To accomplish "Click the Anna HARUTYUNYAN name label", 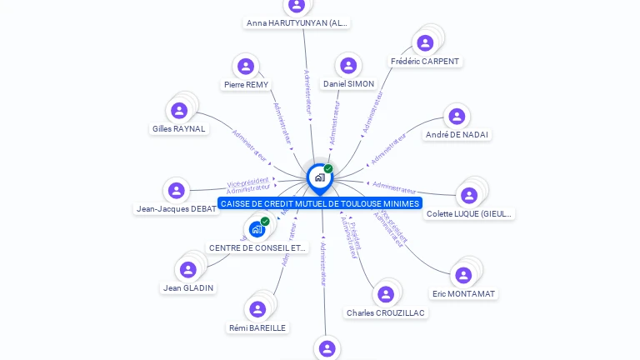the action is [x=297, y=23].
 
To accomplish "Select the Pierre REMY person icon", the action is [x=245, y=67].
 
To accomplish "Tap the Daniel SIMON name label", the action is [x=348, y=84].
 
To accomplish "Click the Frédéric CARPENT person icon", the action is [x=425, y=43].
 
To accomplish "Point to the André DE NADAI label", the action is [x=457, y=134].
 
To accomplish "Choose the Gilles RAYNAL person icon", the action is [x=179, y=111].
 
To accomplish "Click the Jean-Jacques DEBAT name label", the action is [x=177, y=208].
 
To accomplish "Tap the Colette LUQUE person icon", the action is [x=469, y=196].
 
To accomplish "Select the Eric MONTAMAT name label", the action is [x=463, y=293].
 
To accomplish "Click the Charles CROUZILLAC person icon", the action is [x=385, y=294].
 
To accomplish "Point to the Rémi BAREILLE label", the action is [x=257, y=327].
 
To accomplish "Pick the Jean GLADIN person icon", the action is [x=188, y=270].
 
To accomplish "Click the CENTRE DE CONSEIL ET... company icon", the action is [x=257, y=229].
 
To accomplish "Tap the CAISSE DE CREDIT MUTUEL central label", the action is [x=320, y=203].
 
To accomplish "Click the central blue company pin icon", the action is [x=319, y=177].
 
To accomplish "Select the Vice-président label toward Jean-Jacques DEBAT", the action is [x=248, y=182].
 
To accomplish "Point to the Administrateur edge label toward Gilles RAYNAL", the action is [x=250, y=143].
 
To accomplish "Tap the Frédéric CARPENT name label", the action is [x=425, y=62].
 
